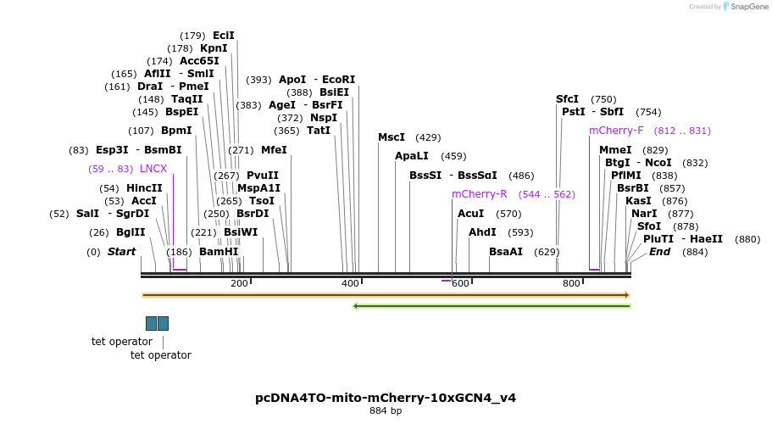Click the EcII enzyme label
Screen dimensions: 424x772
point(224,36)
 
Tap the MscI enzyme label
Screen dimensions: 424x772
point(392,137)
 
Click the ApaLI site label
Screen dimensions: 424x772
point(412,156)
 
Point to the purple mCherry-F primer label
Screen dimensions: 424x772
point(616,131)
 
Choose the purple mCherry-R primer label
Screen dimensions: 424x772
point(480,194)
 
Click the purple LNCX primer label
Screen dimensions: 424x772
point(153,169)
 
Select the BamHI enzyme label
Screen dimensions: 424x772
point(219,252)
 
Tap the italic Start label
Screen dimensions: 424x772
point(121,252)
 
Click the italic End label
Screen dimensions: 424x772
point(660,252)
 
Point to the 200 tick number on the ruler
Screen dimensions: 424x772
point(239,283)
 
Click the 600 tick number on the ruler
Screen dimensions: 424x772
point(460,283)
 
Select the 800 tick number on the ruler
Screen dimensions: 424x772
point(571,283)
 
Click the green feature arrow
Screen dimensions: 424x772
point(492,306)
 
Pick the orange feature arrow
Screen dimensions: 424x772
point(386,295)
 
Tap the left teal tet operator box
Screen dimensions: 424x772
point(151,323)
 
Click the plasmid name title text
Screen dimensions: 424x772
point(386,398)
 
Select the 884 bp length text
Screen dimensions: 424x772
point(386,411)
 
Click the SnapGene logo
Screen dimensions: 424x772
point(743,6)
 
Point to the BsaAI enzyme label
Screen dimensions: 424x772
point(506,252)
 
